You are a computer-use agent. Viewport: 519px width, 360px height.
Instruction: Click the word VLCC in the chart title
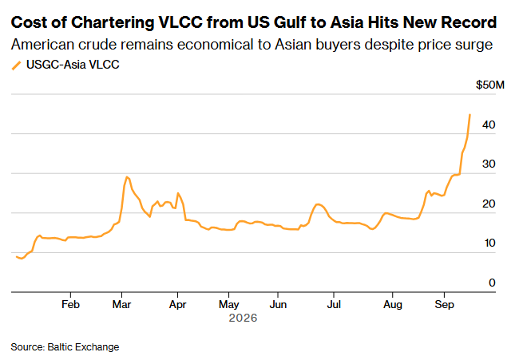point(180,22)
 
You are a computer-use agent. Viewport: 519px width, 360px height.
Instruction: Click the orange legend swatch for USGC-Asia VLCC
point(17,65)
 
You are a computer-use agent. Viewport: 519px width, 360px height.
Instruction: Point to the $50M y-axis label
point(490,85)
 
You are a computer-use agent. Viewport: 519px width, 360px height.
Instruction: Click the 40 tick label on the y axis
point(489,125)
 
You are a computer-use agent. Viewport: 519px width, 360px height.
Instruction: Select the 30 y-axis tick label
point(489,164)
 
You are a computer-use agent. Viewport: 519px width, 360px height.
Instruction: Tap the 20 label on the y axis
point(489,204)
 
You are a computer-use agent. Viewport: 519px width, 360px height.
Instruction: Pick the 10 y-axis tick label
point(489,243)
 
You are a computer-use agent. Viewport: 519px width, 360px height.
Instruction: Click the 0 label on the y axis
point(492,283)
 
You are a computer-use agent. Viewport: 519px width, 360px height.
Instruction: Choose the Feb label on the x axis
point(70,304)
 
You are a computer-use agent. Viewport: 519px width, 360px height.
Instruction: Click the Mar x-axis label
point(122,304)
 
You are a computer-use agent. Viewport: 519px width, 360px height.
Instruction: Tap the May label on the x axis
point(228,305)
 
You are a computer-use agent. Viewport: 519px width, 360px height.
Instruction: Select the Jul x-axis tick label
point(334,304)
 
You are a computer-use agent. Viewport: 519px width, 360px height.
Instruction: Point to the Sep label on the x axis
point(444,305)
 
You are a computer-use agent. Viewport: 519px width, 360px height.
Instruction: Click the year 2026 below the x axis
point(243,318)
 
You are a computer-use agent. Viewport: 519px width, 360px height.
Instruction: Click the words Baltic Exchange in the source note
point(83,346)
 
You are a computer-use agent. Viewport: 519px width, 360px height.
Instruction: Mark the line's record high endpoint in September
point(470,115)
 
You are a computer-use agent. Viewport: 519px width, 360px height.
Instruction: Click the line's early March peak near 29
point(126,177)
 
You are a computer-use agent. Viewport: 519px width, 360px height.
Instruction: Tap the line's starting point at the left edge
point(17,257)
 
